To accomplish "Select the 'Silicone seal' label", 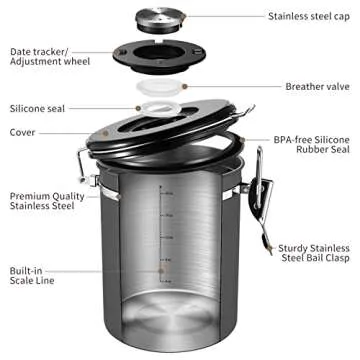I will (38, 108).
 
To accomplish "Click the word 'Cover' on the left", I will (24, 131).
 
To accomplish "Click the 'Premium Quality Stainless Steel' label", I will (48, 203).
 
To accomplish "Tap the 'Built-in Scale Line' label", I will (34, 276).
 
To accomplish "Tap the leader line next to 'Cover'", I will (70, 131).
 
